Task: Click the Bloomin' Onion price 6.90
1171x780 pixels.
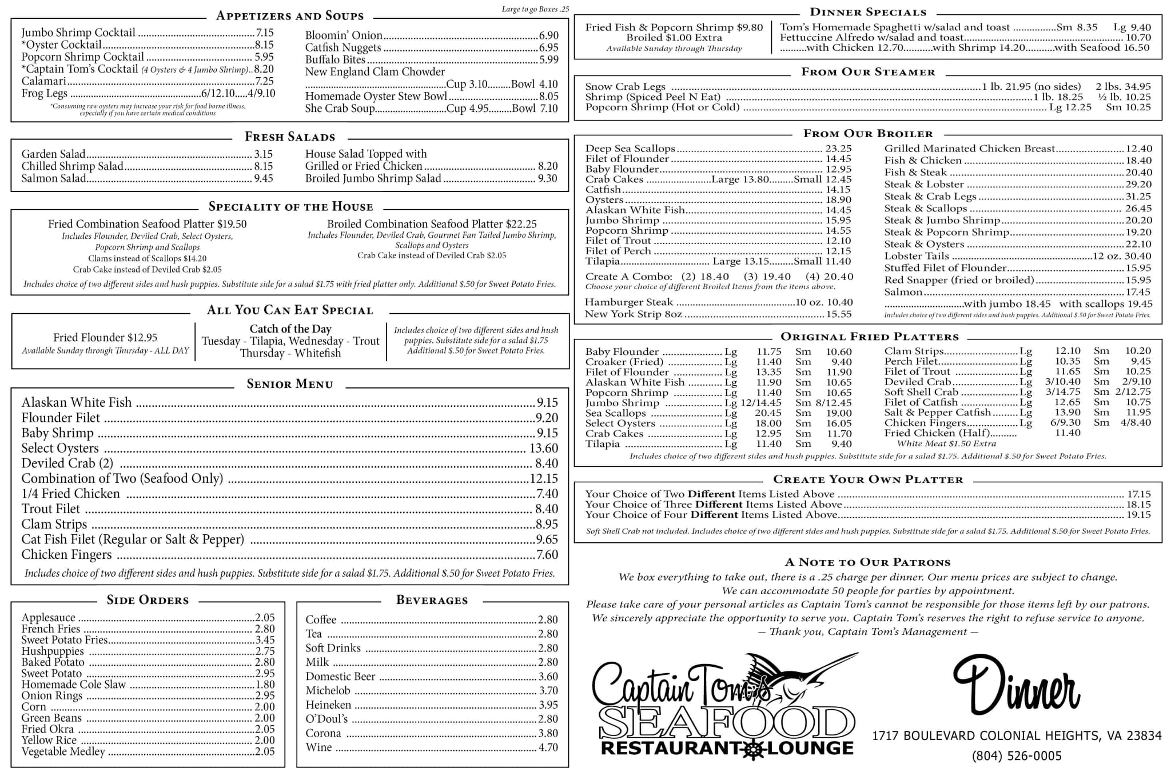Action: pyautogui.click(x=548, y=35)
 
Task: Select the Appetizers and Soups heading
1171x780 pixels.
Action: pyautogui.click(x=290, y=16)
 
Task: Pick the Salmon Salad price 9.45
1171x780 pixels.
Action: pyautogui.click(x=264, y=178)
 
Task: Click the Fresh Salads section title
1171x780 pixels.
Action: pyautogui.click(x=290, y=137)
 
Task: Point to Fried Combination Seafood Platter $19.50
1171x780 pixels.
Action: pyautogui.click(x=148, y=224)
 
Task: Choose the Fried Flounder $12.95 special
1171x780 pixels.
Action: pyautogui.click(x=105, y=338)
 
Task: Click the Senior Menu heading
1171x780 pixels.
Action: pyautogui.click(x=290, y=384)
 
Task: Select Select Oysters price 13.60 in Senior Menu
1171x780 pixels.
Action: pyautogui.click(x=544, y=449)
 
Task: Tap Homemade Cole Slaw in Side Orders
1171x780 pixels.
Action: pyautogui.click(x=73, y=685)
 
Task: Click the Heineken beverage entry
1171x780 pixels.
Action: pyautogui.click(x=328, y=705)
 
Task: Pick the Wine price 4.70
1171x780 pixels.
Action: pyautogui.click(x=548, y=747)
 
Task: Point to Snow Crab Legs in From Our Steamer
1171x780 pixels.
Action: pyautogui.click(x=625, y=87)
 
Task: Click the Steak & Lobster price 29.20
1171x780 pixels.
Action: pyautogui.click(x=1138, y=185)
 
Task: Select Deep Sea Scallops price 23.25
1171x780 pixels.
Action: pyautogui.click(x=838, y=149)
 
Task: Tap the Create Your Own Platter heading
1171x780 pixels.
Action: pyautogui.click(x=868, y=479)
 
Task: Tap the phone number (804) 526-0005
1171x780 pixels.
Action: pyautogui.click(x=1017, y=756)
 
